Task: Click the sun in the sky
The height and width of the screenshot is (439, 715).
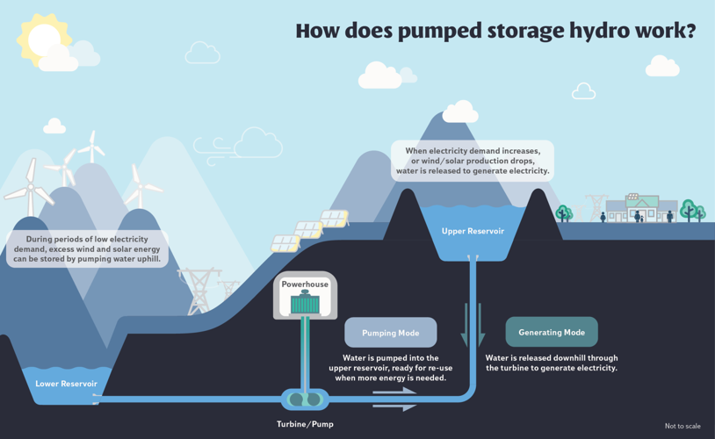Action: (x=42, y=39)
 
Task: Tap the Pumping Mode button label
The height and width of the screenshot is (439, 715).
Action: (x=390, y=333)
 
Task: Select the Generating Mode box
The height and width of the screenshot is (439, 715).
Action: (x=552, y=333)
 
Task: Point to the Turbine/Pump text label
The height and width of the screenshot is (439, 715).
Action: (x=305, y=424)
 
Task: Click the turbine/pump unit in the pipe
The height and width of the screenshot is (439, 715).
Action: (x=305, y=400)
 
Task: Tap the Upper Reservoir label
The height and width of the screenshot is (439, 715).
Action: (x=473, y=231)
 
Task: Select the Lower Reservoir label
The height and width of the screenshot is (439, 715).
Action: (x=67, y=384)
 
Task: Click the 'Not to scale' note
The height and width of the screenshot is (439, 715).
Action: (x=682, y=427)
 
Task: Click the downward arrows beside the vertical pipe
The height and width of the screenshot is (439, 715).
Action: (x=473, y=325)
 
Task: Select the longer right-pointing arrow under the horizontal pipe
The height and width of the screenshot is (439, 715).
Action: (x=394, y=407)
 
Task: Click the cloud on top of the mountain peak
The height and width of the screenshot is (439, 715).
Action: (x=459, y=112)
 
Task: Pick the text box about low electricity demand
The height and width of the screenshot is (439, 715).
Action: (x=87, y=249)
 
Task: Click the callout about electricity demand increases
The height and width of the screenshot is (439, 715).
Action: (x=473, y=162)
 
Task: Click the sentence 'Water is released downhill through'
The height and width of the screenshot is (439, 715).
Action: (x=552, y=358)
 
